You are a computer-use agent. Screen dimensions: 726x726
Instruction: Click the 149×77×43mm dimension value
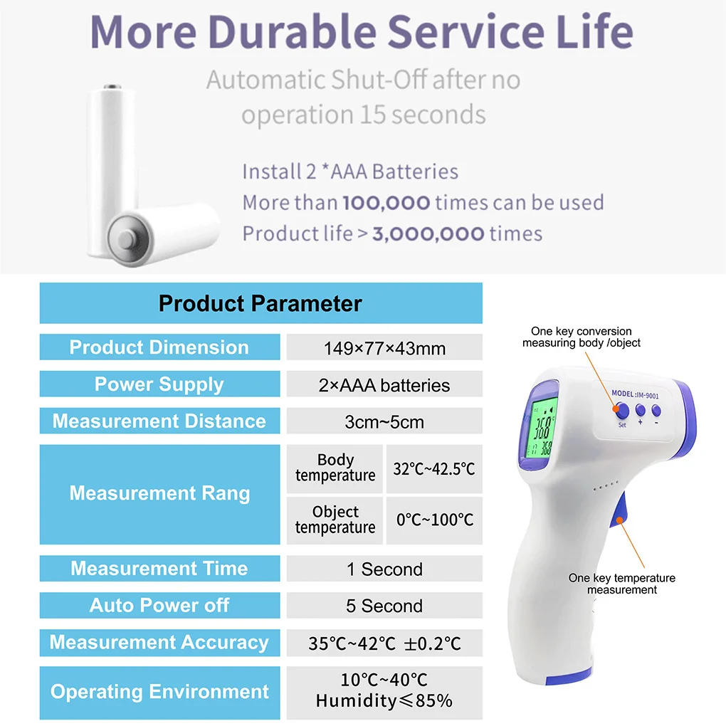(x=384, y=348)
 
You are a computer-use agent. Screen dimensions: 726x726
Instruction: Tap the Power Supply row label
(x=159, y=384)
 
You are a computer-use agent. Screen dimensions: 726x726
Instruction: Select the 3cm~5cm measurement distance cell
(x=384, y=421)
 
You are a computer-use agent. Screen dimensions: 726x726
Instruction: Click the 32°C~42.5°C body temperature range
(x=434, y=468)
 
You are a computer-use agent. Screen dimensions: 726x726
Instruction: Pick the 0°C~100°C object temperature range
(x=434, y=520)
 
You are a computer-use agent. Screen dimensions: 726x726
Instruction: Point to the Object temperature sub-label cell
(x=335, y=520)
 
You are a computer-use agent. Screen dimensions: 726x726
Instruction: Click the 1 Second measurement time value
(x=384, y=569)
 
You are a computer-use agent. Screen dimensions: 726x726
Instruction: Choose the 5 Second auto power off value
(x=384, y=606)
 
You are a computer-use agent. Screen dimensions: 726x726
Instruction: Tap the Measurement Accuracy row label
(x=159, y=642)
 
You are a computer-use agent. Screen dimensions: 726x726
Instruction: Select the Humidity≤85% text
(x=384, y=700)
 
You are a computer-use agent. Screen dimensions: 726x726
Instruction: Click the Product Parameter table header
(x=261, y=303)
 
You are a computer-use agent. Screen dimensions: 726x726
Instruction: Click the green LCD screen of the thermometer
(x=540, y=428)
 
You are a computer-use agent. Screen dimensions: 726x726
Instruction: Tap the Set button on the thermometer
(x=622, y=411)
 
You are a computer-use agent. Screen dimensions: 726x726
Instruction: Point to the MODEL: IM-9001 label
(x=635, y=394)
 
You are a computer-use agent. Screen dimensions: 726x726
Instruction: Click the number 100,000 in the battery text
(x=386, y=203)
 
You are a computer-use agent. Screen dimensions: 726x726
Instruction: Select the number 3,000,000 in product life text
(x=428, y=234)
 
